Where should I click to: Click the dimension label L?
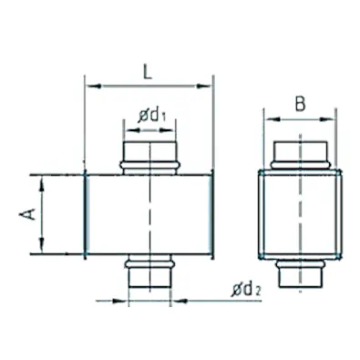point(148,72)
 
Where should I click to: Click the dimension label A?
point(27,214)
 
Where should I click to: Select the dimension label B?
point(300,104)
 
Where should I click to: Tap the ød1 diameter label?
point(152,116)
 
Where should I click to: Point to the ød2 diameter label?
point(246,290)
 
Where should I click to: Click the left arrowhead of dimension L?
point(94,87)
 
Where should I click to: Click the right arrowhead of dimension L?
point(203,87)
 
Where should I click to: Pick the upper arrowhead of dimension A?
point(42,185)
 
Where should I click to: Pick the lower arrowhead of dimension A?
point(42,245)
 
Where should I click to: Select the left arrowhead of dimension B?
point(273,119)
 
